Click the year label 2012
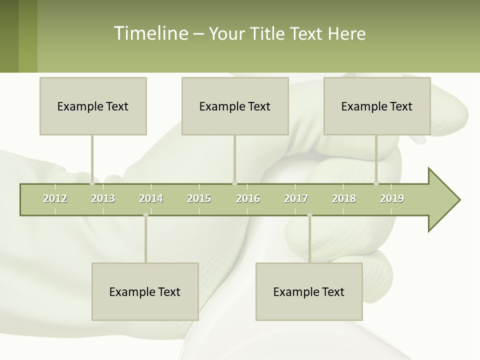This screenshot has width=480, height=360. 55,198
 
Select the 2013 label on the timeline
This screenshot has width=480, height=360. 103,198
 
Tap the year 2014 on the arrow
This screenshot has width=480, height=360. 151,198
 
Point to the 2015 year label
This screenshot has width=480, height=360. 199,198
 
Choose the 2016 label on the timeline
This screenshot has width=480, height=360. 248,198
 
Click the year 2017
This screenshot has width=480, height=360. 296,198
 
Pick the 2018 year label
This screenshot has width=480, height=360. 344,198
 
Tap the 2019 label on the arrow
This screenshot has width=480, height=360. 392,198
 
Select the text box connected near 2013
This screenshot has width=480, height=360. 93,106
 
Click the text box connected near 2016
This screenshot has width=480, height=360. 235,106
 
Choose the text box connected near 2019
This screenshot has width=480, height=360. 377,106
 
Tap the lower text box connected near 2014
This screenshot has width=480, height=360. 145,291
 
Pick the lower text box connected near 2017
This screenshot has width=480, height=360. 309,291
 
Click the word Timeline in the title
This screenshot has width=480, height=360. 149,33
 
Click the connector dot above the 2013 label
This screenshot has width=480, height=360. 92,183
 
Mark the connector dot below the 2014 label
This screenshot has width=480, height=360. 145,215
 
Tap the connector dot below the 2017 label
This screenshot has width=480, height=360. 309,215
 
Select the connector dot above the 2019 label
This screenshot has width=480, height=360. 376,183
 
